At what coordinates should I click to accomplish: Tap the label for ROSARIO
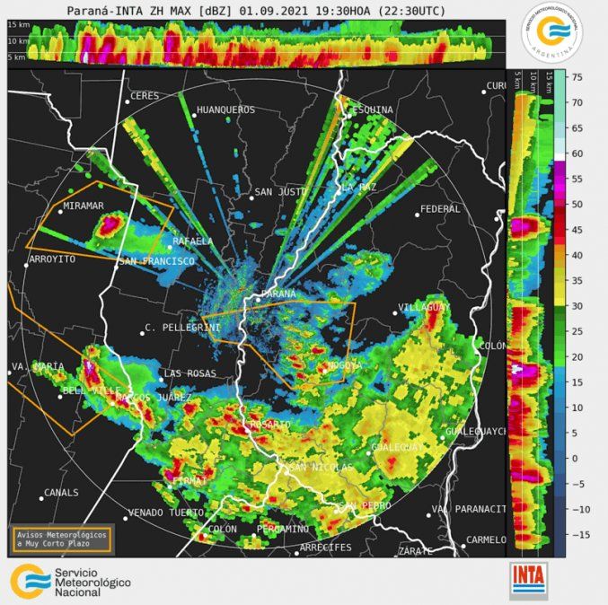270,424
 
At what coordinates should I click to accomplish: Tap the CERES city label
145,96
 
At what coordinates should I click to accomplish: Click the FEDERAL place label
440,209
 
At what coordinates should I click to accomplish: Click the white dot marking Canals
43,493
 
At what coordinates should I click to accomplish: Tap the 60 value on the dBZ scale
579,153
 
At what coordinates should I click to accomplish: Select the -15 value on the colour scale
578,534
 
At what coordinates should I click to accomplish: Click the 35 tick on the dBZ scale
579,280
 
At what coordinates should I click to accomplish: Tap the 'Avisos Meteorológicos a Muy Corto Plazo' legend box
62,539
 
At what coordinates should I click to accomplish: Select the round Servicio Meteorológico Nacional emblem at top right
551,34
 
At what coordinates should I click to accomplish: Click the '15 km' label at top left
18,25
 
